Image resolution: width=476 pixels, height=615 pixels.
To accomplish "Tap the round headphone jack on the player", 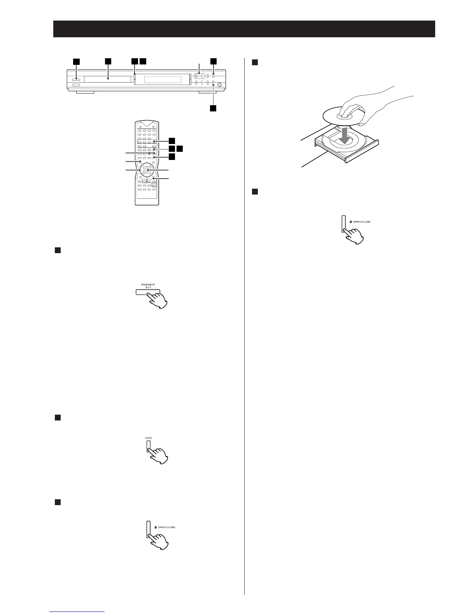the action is pyautogui.click(x=221, y=85).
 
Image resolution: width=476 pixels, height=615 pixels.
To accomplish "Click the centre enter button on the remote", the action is pyautogui.click(x=146, y=170).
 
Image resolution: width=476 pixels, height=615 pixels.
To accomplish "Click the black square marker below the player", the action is pyautogui.click(x=213, y=108).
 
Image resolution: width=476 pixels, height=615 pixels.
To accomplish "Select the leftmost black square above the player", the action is pyautogui.click(x=77, y=61).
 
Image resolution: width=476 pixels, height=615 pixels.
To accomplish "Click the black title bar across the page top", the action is pyautogui.click(x=244, y=29).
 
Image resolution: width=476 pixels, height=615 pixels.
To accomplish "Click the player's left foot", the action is pyautogui.click(x=85, y=93).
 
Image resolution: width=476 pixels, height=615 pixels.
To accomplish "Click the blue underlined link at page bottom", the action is pyautogui.click(x=78, y=612).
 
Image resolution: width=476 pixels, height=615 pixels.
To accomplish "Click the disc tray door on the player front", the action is pyautogui.click(x=107, y=79).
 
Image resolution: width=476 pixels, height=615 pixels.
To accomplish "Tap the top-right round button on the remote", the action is pyautogui.click(x=154, y=127).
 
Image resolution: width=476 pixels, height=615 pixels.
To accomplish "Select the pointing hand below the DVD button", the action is pyautogui.click(x=158, y=454).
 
